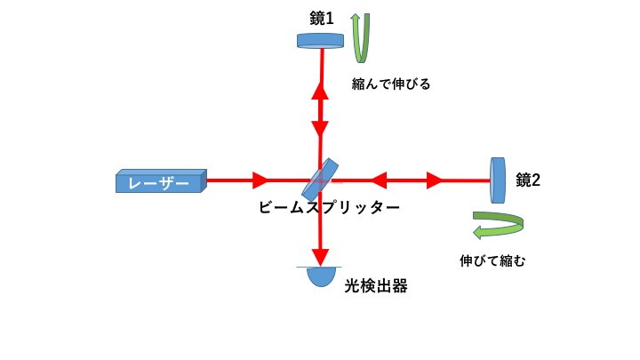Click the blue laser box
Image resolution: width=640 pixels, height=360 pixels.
tap(161, 181)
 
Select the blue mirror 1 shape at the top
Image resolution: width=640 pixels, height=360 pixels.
tap(320, 40)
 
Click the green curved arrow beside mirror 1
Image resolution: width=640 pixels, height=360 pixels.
tap(360, 39)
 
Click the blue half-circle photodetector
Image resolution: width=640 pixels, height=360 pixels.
tap(322, 276)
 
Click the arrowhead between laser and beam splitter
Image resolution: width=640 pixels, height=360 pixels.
tap(260, 180)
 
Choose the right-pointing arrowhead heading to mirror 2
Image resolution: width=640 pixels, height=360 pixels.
tap(435, 181)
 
